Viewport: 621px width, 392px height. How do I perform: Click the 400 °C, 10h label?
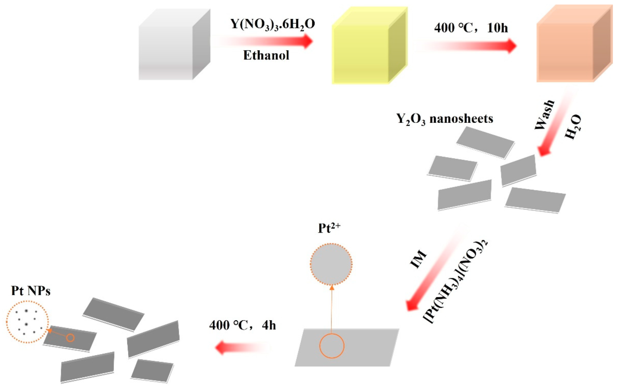(471, 28)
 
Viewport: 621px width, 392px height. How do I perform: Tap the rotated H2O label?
(573, 127)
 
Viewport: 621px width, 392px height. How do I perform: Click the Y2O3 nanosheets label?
(445, 119)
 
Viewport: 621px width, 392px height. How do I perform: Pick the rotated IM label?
(418, 259)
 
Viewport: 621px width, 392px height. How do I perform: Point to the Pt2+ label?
(329, 228)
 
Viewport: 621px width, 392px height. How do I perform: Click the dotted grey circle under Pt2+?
(331, 264)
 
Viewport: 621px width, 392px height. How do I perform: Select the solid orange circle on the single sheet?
(332, 346)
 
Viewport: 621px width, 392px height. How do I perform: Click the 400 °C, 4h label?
(242, 325)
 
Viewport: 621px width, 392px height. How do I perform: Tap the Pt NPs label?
(31, 291)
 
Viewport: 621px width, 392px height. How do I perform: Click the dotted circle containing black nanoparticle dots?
(27, 322)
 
